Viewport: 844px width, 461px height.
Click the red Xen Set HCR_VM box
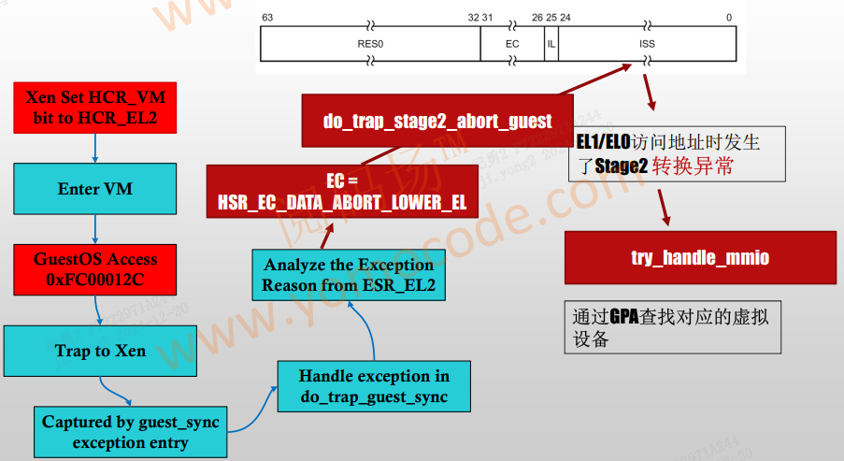pos(95,107)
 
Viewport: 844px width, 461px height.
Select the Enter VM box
pos(95,189)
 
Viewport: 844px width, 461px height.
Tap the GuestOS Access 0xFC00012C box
pos(95,269)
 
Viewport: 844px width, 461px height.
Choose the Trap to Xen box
pos(100,351)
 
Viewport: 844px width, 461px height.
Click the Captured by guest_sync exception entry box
pos(130,432)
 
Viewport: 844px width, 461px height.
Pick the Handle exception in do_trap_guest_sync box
pos(374,386)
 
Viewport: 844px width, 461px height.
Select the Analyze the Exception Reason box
pos(348,275)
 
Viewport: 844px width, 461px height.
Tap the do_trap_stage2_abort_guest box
pos(437,121)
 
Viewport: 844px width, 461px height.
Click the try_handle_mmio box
pos(700,257)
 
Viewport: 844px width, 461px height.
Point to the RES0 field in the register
pos(370,43)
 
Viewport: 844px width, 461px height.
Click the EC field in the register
pos(512,43)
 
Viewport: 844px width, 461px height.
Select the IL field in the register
pos(551,43)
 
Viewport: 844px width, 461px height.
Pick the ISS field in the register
pos(647,43)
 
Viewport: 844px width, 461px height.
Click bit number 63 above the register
pos(267,18)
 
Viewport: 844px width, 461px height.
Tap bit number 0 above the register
pos(729,18)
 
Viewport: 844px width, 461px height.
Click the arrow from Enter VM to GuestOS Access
pos(95,229)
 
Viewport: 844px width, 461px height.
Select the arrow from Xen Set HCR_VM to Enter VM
pos(95,148)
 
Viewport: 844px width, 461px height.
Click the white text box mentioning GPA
pos(673,326)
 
